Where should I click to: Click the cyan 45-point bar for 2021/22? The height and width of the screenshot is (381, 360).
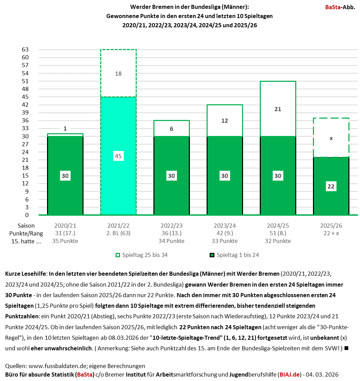118,184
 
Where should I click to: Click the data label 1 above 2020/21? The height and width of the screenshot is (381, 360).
65,128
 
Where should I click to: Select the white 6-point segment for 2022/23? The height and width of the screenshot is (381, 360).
171,128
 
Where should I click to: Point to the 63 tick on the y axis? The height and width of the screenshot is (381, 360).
25,49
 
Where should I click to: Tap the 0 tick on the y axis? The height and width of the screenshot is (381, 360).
26,215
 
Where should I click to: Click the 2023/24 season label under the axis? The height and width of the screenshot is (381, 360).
225,226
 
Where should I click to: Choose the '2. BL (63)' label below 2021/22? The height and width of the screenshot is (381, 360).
118,233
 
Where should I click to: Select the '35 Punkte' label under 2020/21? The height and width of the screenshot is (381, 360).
65,241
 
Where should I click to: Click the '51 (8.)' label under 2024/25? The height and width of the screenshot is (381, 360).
278,233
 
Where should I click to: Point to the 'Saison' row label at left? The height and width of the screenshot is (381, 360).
26,226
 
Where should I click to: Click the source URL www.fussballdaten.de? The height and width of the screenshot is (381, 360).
58,366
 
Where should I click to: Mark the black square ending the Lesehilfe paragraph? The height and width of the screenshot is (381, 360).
346,348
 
